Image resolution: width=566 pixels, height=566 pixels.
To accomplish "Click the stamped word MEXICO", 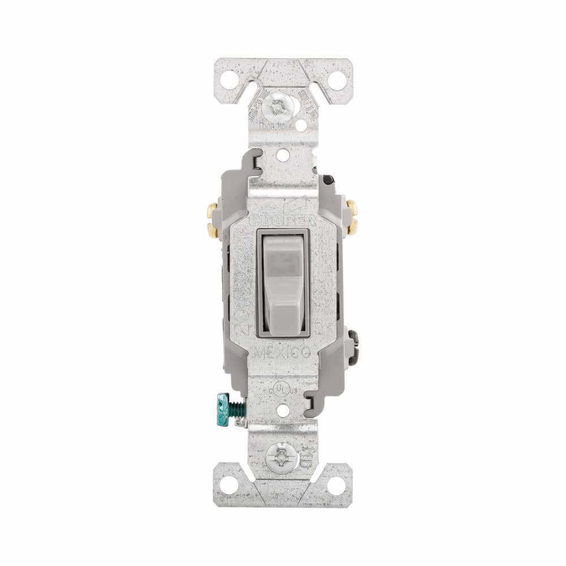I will click(x=283, y=352).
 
